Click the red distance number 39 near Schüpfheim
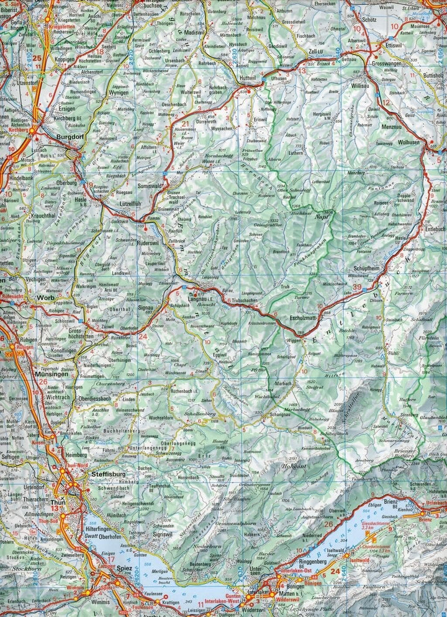pos(356,286)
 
